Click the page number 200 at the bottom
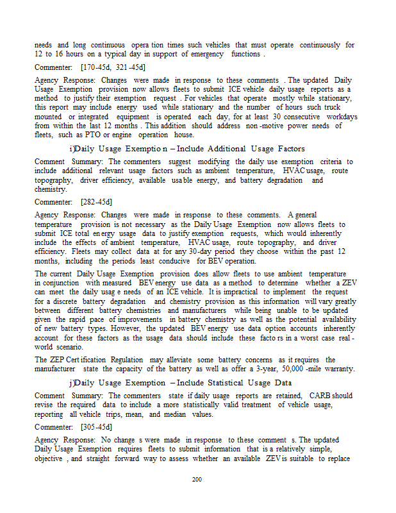click(x=197, y=479)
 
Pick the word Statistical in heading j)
click(x=220, y=383)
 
